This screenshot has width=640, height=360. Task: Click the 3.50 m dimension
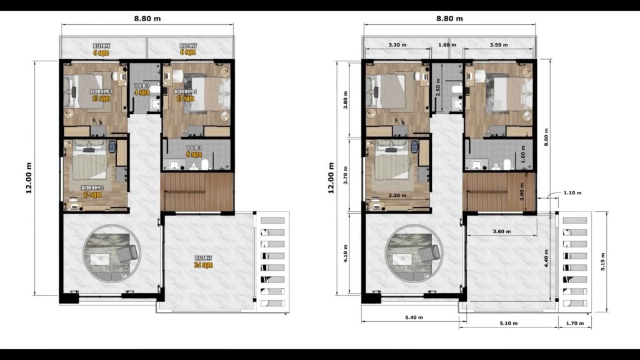click(497, 45)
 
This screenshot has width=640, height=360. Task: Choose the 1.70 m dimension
click(573, 323)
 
